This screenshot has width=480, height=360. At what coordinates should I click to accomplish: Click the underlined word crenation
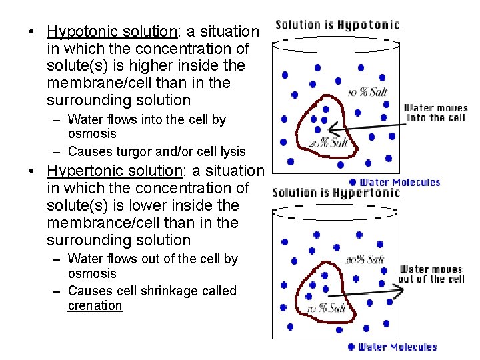(x=95, y=306)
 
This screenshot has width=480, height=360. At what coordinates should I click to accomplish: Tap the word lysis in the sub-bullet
(x=231, y=151)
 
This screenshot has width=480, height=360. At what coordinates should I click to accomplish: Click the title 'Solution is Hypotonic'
(x=337, y=25)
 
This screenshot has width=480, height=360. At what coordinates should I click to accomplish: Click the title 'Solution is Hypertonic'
(x=336, y=193)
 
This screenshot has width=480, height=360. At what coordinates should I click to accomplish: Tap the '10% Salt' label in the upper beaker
(x=367, y=91)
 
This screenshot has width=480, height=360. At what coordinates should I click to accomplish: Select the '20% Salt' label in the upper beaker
(x=328, y=142)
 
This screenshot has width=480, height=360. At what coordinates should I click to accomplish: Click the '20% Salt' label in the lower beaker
(x=365, y=259)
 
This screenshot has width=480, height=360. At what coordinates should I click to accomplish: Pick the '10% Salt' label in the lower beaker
(x=327, y=308)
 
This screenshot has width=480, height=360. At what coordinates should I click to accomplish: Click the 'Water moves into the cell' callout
(x=436, y=113)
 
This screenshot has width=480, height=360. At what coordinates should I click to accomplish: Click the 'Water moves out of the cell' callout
(x=431, y=274)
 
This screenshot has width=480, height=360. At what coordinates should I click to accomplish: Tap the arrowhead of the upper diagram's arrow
(x=333, y=131)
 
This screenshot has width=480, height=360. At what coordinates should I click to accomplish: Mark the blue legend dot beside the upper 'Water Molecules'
(x=352, y=182)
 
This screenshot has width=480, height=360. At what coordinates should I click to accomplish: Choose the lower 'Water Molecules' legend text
(x=397, y=347)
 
